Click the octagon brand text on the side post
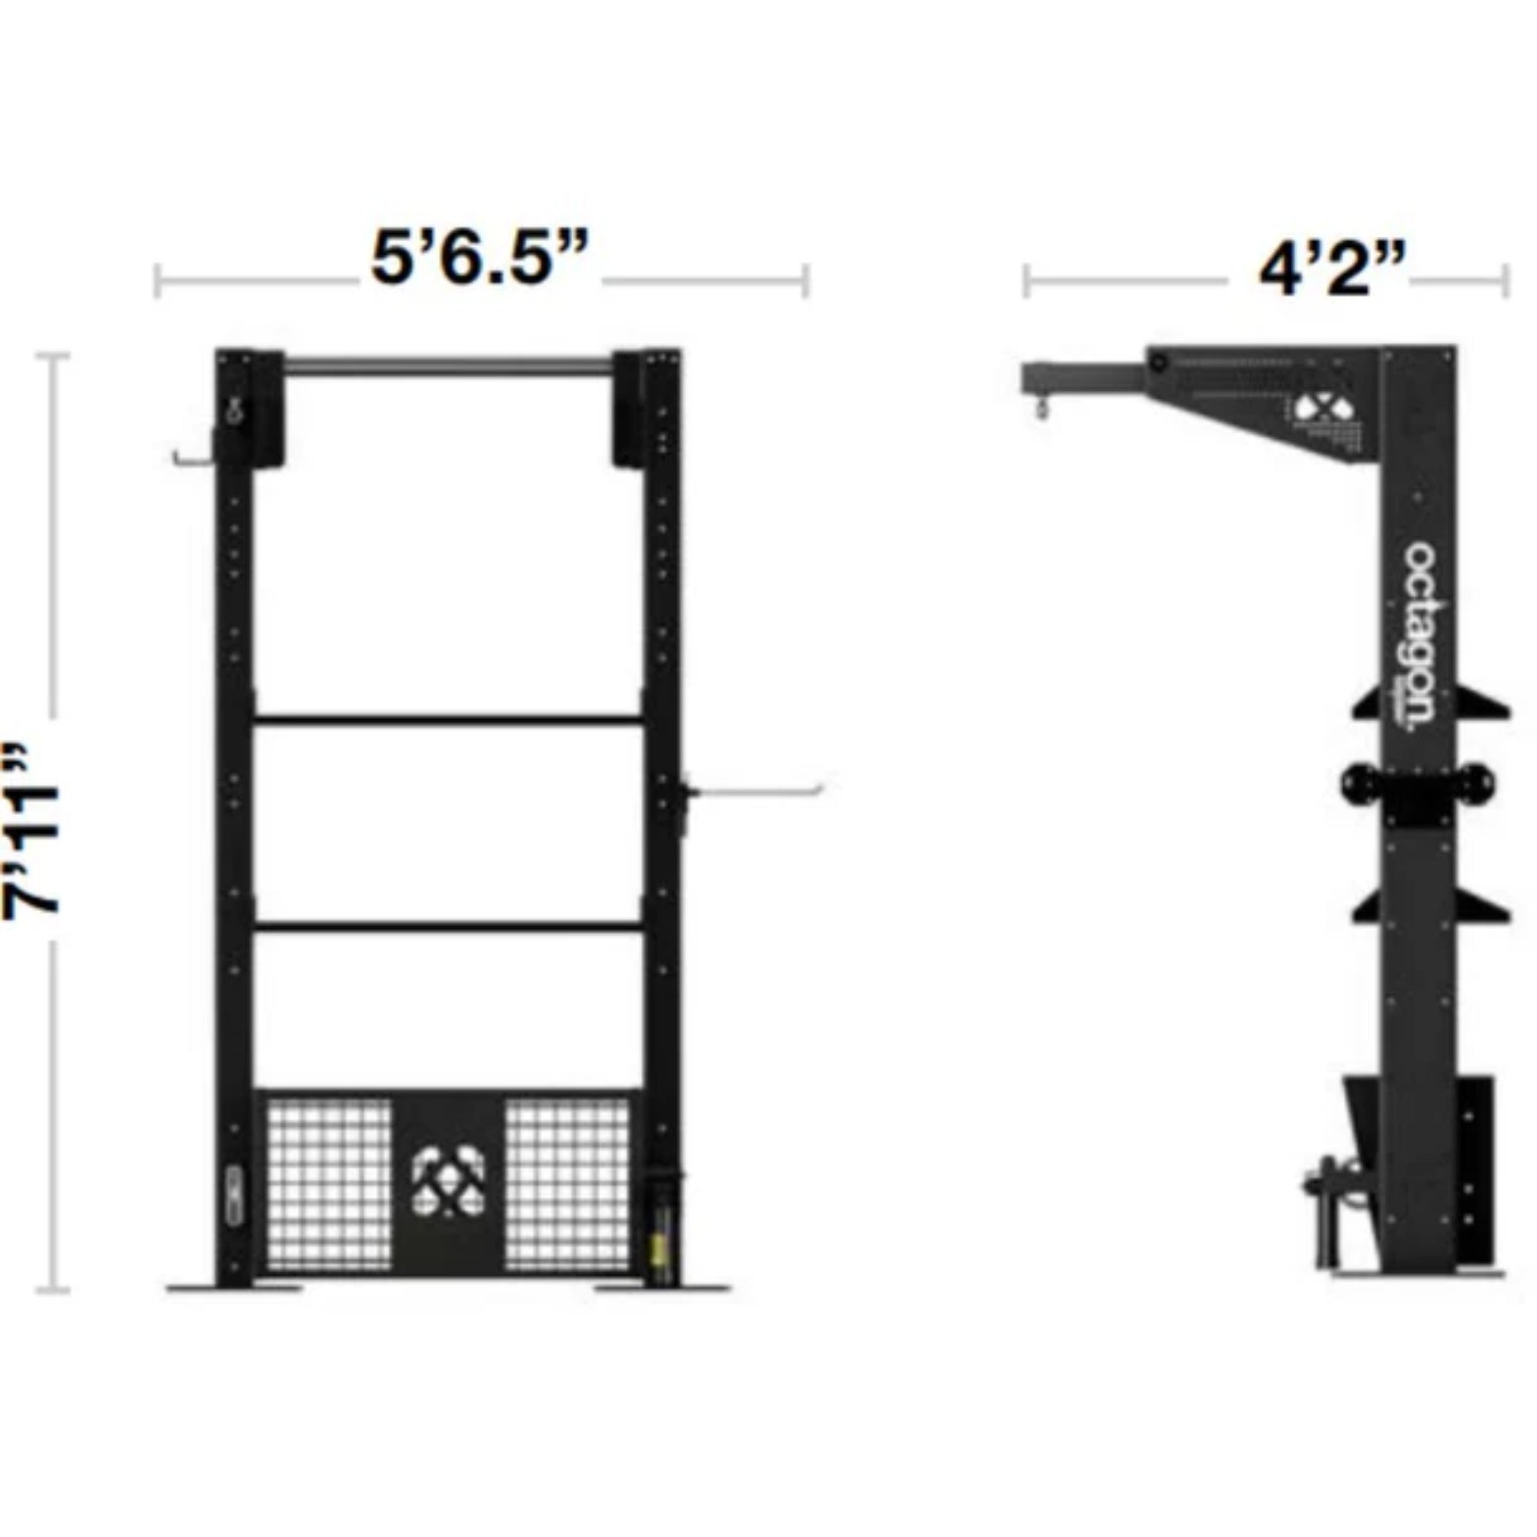pos(1419,637)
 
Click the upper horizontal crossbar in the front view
pos(448,721)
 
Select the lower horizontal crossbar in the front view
pos(448,925)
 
